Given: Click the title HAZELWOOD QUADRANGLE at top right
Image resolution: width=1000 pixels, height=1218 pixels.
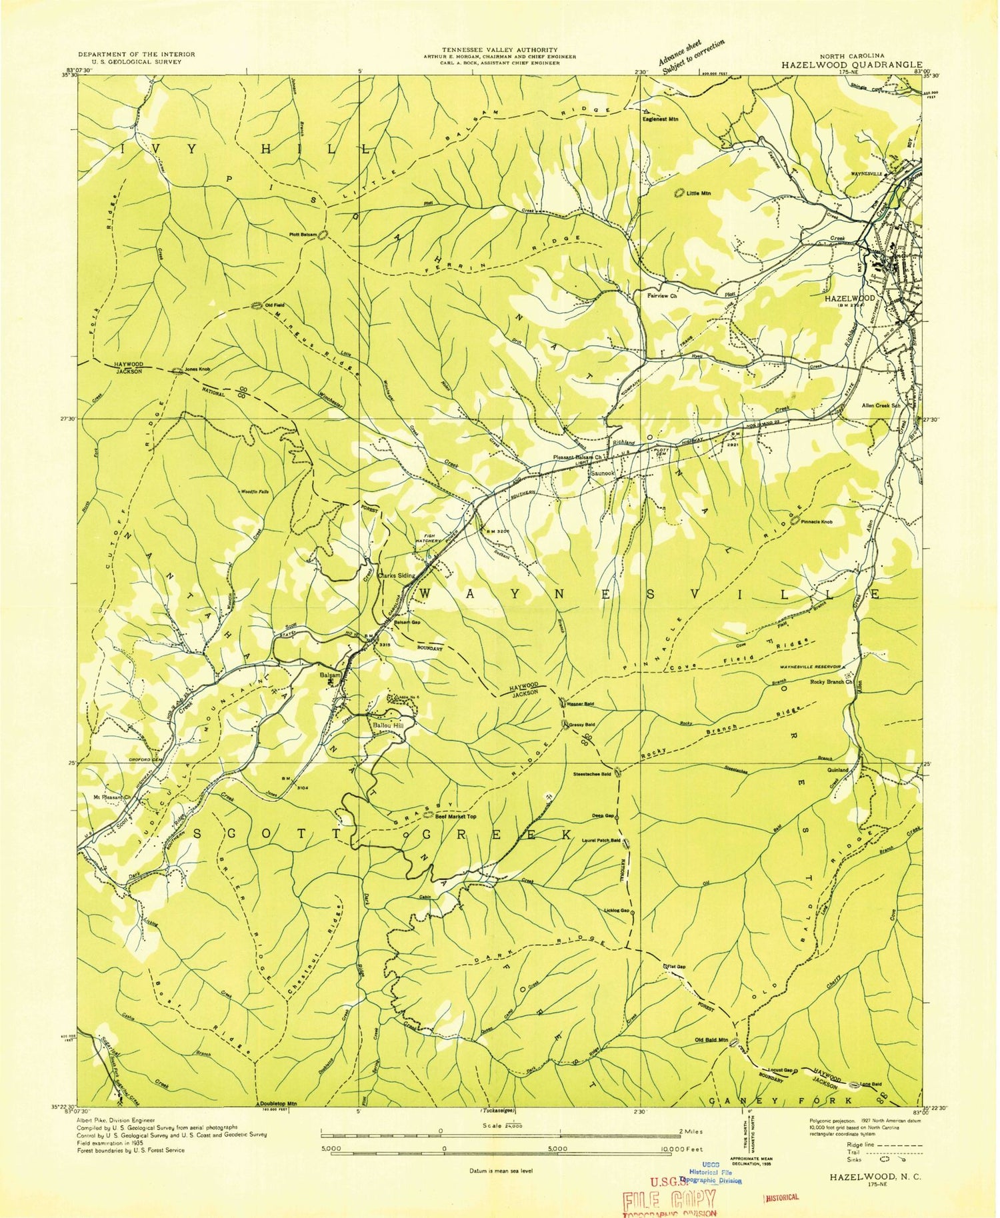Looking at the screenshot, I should [851, 65].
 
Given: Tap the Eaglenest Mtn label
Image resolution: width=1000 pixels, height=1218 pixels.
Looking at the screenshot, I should [660, 119].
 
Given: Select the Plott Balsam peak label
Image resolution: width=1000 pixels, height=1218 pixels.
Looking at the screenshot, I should [303, 234].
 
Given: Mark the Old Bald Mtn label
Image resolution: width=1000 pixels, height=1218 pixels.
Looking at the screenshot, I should [711, 1041].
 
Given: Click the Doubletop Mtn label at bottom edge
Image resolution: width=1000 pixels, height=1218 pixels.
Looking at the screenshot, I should [278, 1105].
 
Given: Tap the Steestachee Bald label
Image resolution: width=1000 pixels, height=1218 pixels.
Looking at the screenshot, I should [591, 774].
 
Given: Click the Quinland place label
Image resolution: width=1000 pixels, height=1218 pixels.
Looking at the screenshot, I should [837, 769].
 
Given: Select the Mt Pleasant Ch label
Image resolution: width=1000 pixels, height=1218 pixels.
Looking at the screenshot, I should [111, 796].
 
